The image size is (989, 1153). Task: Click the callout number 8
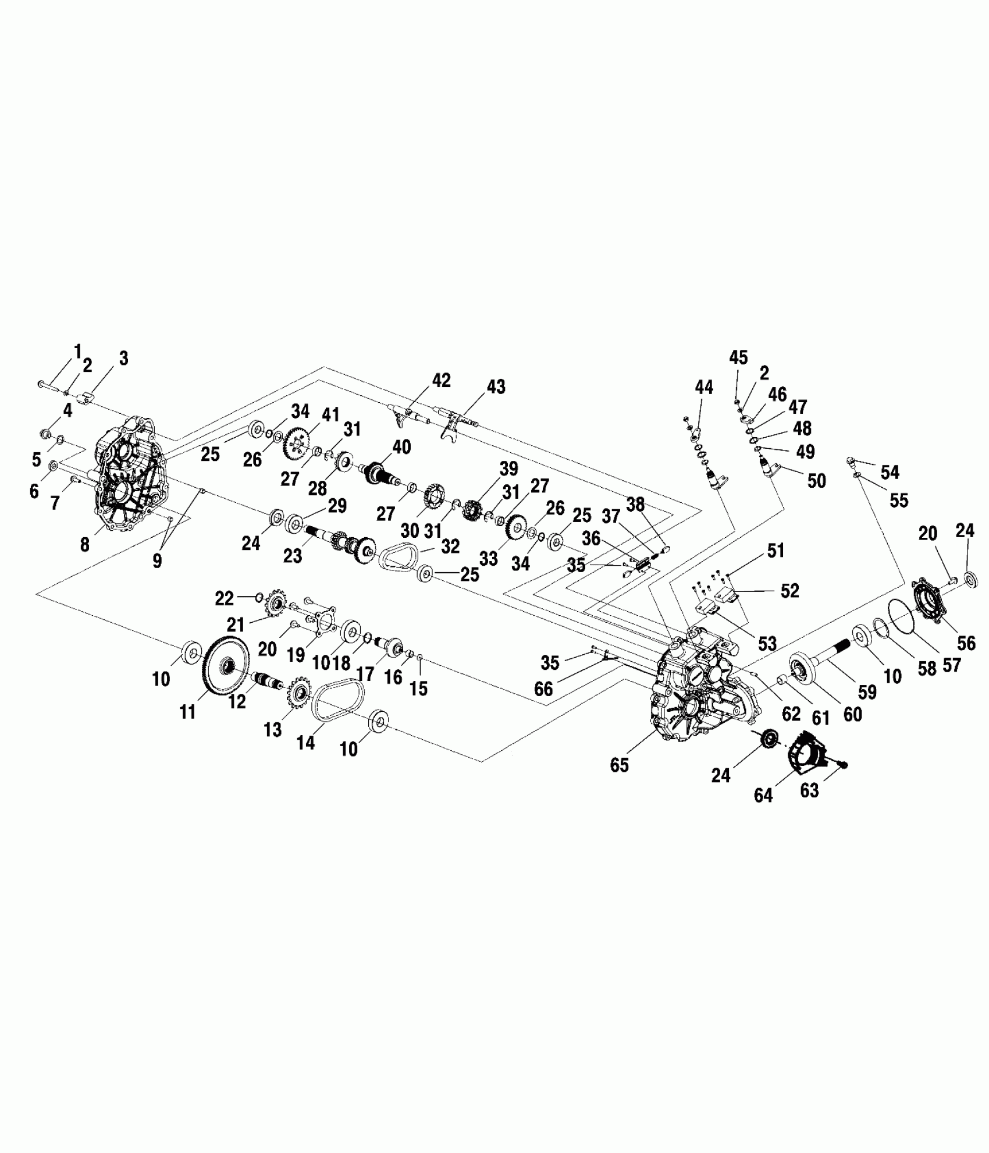[85, 545]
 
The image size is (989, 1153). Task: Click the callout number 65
[620, 765]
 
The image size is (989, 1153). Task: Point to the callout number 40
[401, 447]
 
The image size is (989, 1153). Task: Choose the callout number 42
[441, 381]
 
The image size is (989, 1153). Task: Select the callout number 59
[867, 692]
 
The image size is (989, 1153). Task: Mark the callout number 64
[763, 795]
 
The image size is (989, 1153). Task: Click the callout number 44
[704, 387]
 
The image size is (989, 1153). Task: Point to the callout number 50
[817, 481]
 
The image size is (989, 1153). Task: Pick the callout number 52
[789, 591]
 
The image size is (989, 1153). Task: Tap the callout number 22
[225, 598]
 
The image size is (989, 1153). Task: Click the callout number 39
[508, 469]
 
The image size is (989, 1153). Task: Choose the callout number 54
[890, 472]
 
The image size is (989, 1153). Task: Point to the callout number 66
[544, 689]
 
